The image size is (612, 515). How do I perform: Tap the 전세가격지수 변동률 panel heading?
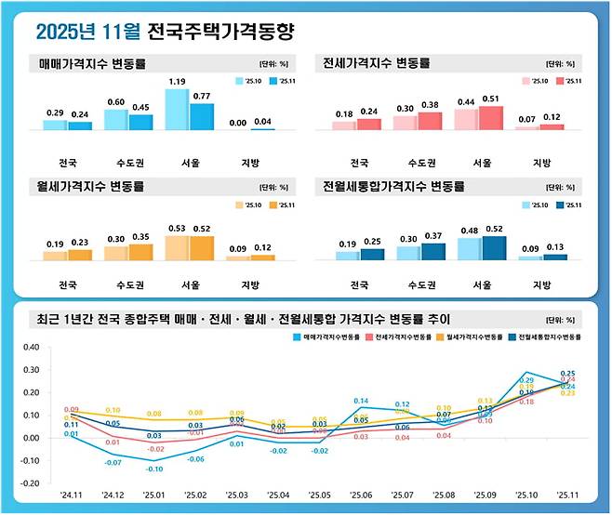373,65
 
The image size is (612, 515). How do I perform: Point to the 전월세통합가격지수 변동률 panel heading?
394,187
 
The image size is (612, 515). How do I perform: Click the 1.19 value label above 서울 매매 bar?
177,81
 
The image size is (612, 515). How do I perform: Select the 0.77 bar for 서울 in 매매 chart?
202,117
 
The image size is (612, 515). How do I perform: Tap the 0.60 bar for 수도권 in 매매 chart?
116,120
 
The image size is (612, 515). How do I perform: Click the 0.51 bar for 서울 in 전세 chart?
491,118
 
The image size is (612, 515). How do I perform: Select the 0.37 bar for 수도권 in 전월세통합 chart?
433,251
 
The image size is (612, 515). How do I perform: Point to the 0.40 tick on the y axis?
31,347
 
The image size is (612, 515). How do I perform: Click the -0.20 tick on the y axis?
30,483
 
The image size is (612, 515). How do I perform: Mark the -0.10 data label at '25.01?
153,469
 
